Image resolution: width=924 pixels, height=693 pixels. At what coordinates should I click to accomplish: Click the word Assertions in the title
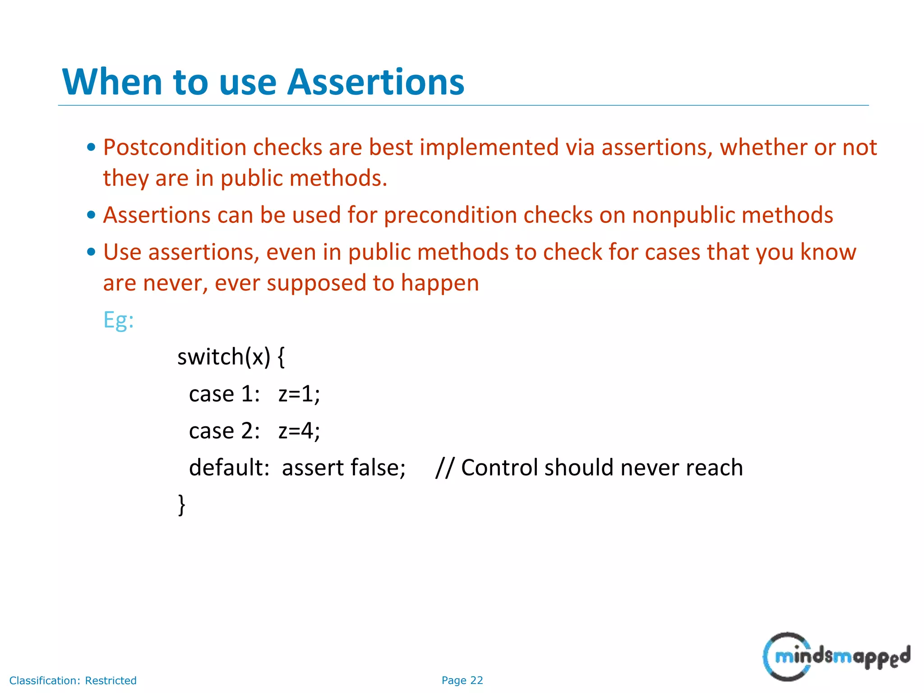point(375,82)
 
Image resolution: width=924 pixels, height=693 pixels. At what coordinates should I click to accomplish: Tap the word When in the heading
point(112,82)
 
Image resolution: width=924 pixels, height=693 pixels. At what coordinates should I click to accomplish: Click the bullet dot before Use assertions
point(91,252)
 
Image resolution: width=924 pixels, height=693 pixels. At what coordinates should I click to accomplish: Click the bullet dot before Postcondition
point(91,147)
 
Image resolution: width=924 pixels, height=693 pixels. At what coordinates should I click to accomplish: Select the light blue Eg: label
point(118,320)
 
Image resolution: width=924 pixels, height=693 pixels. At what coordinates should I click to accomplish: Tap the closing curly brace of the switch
point(181,504)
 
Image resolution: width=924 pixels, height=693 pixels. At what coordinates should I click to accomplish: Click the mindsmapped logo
point(836,657)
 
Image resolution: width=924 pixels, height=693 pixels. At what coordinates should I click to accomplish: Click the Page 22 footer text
point(462,680)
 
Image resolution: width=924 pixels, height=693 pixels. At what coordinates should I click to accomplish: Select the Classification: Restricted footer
point(73,680)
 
